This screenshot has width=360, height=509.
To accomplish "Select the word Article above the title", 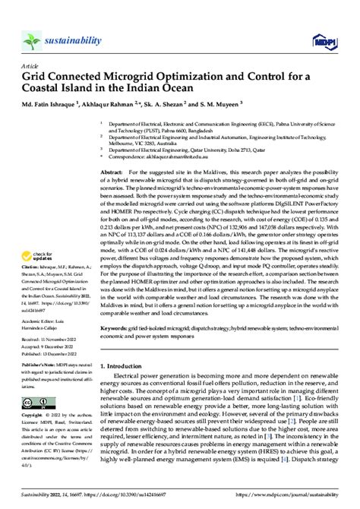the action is click(28, 65).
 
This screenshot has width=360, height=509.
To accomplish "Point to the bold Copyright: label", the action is click(34, 416).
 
